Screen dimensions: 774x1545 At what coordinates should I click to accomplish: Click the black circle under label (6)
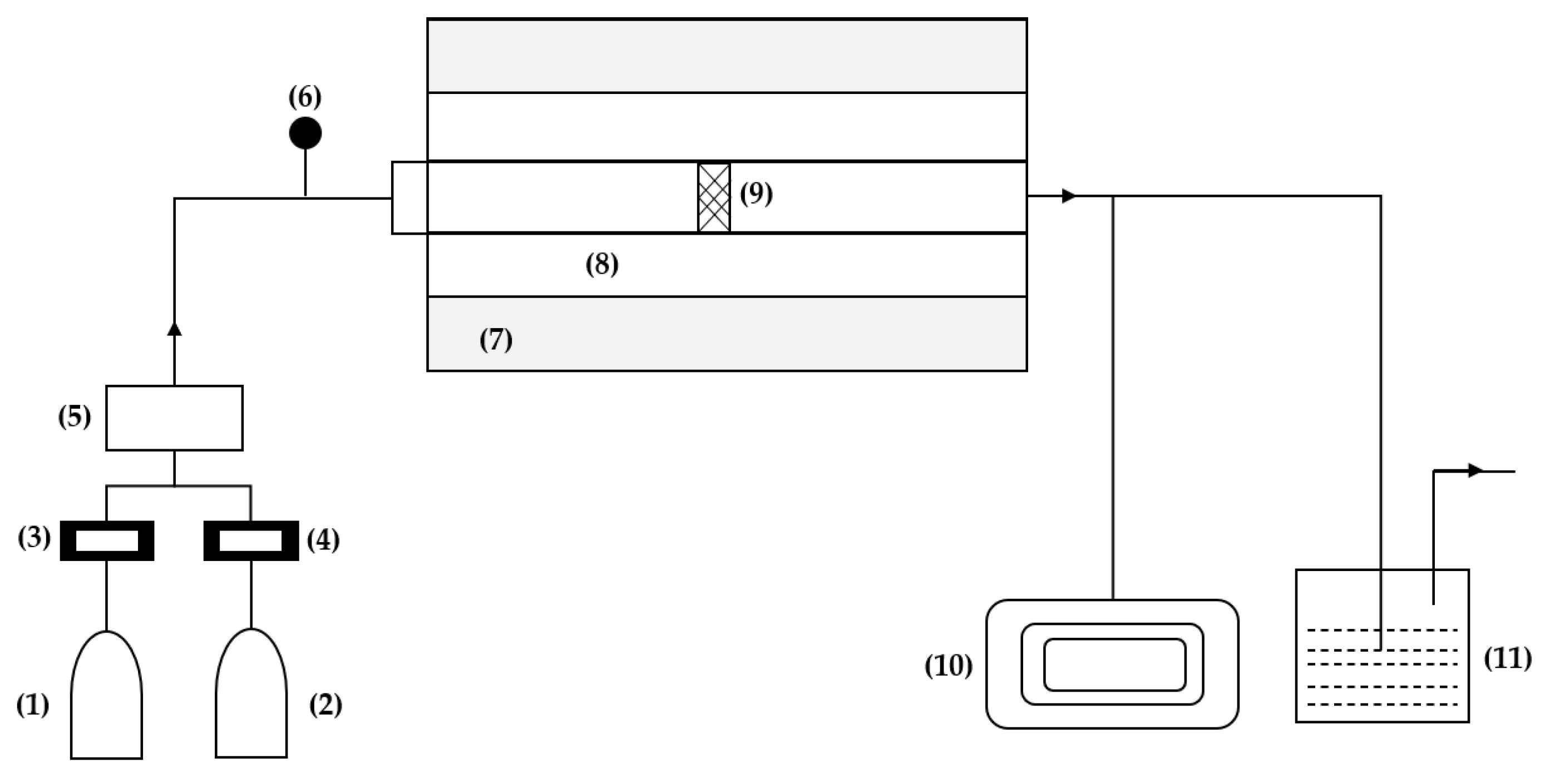305,133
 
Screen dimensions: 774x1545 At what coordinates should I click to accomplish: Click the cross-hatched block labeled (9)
714,197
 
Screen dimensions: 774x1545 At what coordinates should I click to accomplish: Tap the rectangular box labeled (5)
175,418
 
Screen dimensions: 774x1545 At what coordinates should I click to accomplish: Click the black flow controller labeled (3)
107,541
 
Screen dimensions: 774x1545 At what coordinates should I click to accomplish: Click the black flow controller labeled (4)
251,541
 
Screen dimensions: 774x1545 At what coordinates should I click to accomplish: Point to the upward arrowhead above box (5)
175,329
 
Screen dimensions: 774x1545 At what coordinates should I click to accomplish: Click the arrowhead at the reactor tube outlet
1068,196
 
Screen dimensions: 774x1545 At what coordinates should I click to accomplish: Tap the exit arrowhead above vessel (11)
1475,470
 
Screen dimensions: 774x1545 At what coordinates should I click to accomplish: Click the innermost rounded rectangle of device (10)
1114,665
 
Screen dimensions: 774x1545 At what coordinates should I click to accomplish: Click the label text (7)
496,340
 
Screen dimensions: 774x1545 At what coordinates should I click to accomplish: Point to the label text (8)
601,265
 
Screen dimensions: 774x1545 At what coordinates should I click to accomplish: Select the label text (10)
948,666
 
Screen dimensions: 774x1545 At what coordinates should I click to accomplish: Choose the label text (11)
1507,659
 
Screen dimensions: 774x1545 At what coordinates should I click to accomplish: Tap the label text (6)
305,97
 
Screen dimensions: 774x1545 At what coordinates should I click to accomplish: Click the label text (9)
756,193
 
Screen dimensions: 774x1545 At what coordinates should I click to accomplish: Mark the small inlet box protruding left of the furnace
409,197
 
